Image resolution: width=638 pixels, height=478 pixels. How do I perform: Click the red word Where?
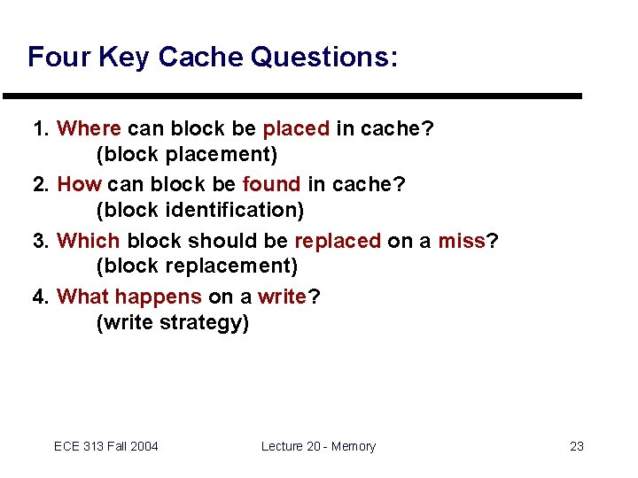(x=89, y=128)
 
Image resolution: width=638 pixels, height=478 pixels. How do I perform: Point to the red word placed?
(x=296, y=128)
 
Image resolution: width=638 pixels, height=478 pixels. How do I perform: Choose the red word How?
(x=80, y=184)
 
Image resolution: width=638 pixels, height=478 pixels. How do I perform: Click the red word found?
(x=271, y=184)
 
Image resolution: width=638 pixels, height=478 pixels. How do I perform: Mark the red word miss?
(x=461, y=241)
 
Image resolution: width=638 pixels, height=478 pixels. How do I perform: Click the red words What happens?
(x=129, y=297)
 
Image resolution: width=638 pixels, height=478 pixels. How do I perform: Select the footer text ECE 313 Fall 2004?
(x=105, y=446)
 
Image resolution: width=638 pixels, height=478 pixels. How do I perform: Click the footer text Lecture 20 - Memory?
(x=318, y=446)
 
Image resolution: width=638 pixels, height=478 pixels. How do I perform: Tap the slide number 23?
(x=576, y=446)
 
